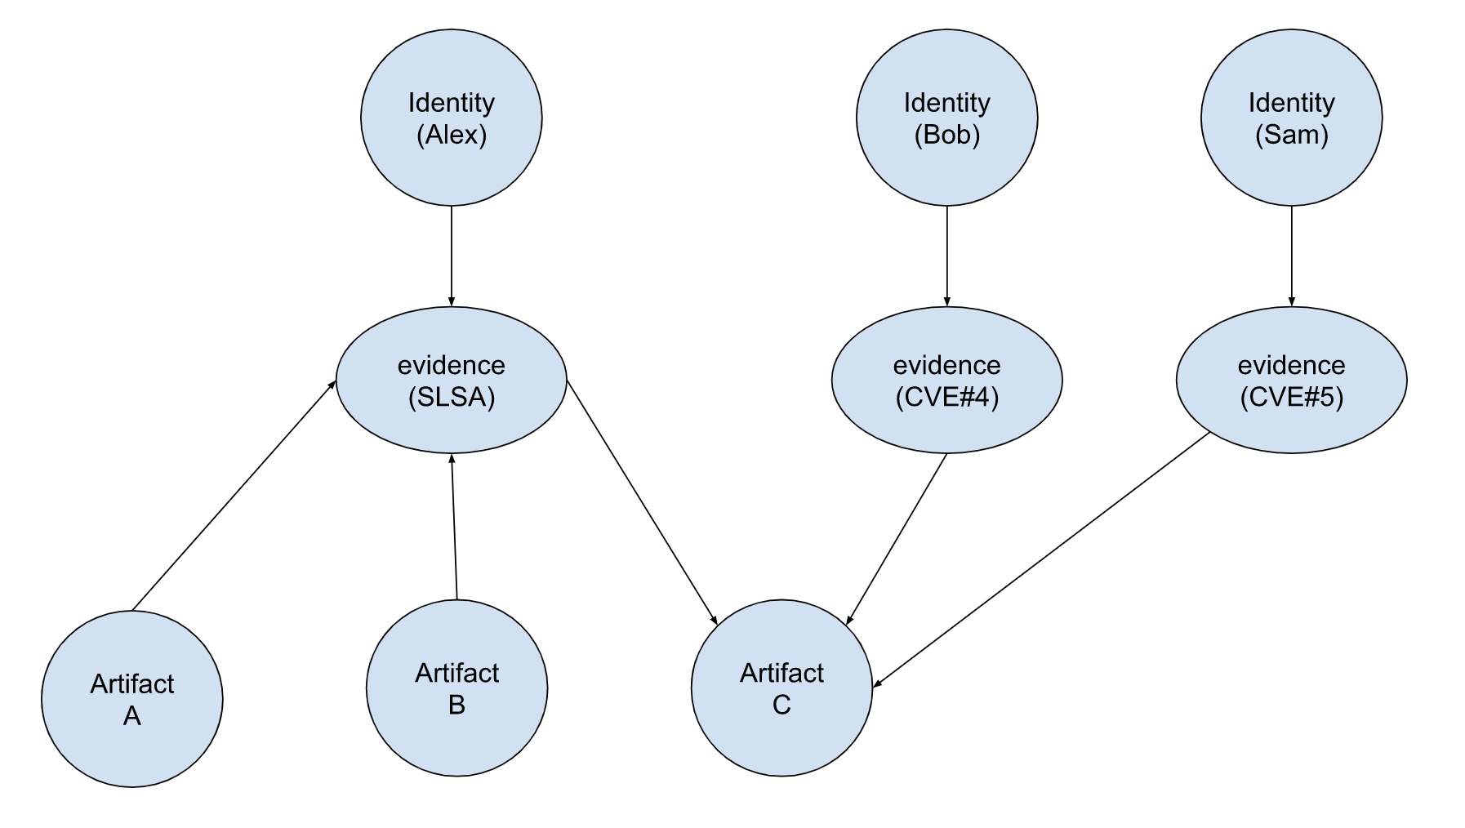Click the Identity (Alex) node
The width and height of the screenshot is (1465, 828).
[451, 118]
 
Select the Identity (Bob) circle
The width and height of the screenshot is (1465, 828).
[946, 118]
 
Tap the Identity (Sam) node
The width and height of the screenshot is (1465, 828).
[1291, 118]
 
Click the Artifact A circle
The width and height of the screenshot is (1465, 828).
[131, 699]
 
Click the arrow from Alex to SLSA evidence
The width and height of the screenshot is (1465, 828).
[451, 255]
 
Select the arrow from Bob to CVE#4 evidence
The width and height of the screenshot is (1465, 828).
[946, 255]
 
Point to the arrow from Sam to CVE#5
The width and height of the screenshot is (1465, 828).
[1291, 255]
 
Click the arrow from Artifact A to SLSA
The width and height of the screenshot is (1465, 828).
[234, 496]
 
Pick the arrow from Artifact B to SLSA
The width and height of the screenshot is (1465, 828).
[454, 527]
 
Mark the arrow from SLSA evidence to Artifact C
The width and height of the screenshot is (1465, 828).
[642, 502]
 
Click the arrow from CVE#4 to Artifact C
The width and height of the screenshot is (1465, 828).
[897, 539]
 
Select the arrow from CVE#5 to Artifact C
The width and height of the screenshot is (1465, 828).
[1041, 559]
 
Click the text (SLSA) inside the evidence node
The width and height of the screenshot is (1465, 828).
[451, 398]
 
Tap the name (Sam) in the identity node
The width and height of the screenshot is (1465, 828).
[1291, 135]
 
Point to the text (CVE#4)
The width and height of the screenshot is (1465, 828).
[946, 398]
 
